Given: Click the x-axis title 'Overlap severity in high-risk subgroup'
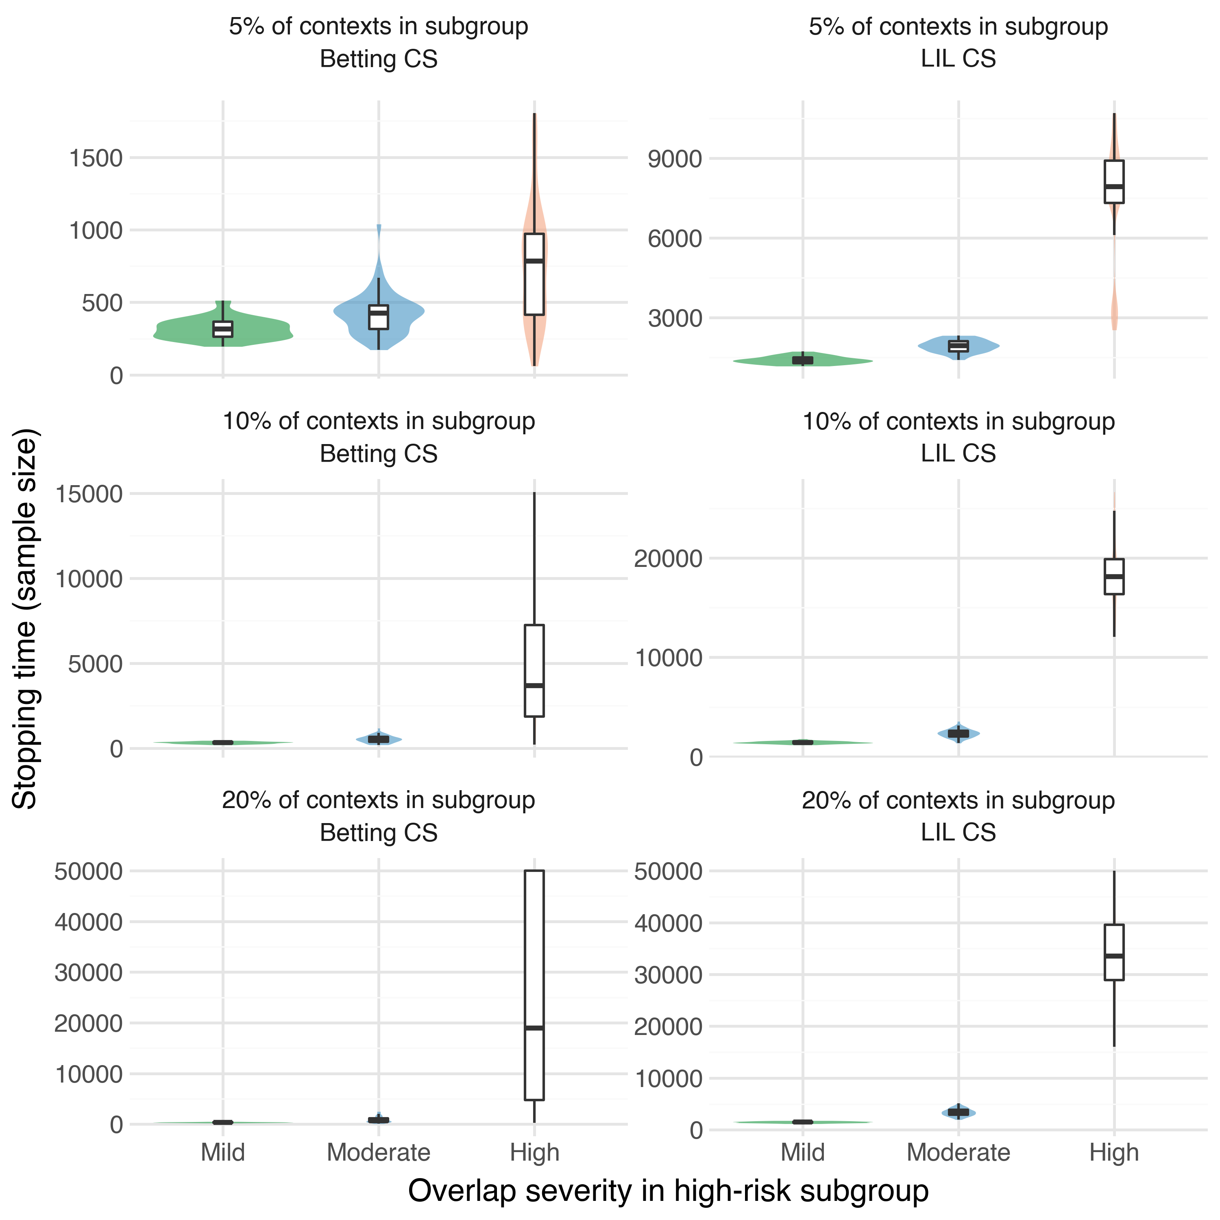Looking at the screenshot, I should pos(668,1191).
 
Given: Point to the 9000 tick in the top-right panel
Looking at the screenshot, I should pos(674,159).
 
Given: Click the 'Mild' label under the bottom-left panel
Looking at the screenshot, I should pos(222,1152).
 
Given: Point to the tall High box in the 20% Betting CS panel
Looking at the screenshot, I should pos(534,985).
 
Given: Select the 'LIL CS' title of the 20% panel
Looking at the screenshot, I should pos(958,832).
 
